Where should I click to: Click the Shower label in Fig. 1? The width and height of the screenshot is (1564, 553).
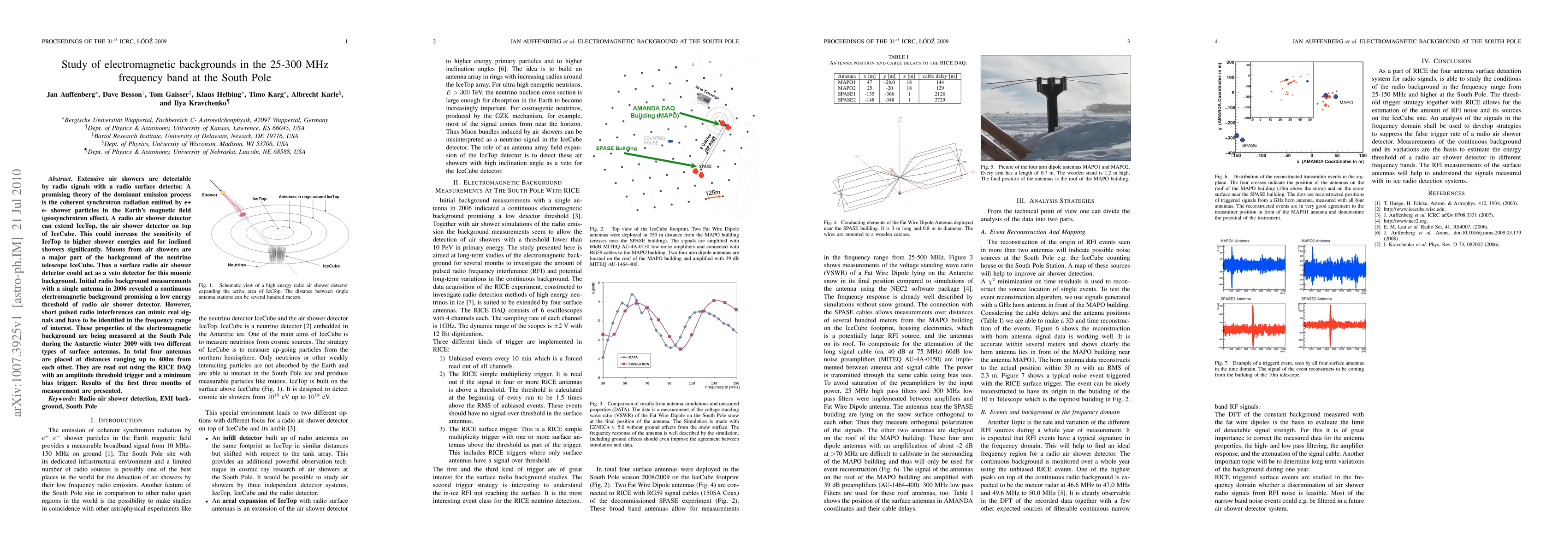coord(209,195)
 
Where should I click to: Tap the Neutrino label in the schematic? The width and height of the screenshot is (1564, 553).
coord(237,265)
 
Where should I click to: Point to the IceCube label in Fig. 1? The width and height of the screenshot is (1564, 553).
coord(331,266)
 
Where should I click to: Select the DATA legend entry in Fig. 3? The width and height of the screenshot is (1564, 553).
coord(633,357)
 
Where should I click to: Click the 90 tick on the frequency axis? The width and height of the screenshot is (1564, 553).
coord(669,383)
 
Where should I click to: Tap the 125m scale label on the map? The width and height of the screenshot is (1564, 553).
coord(713,193)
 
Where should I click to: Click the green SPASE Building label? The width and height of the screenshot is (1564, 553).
coord(616,148)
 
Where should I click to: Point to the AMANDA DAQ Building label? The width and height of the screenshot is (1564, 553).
coord(654,112)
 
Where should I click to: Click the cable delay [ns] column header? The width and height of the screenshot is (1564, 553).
coord(939,76)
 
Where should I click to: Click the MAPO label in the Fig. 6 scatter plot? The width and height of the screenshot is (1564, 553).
coord(1346,103)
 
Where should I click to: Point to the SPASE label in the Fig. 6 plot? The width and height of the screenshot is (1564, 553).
coord(1250,146)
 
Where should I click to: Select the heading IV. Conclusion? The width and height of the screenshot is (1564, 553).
coord(1446,61)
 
